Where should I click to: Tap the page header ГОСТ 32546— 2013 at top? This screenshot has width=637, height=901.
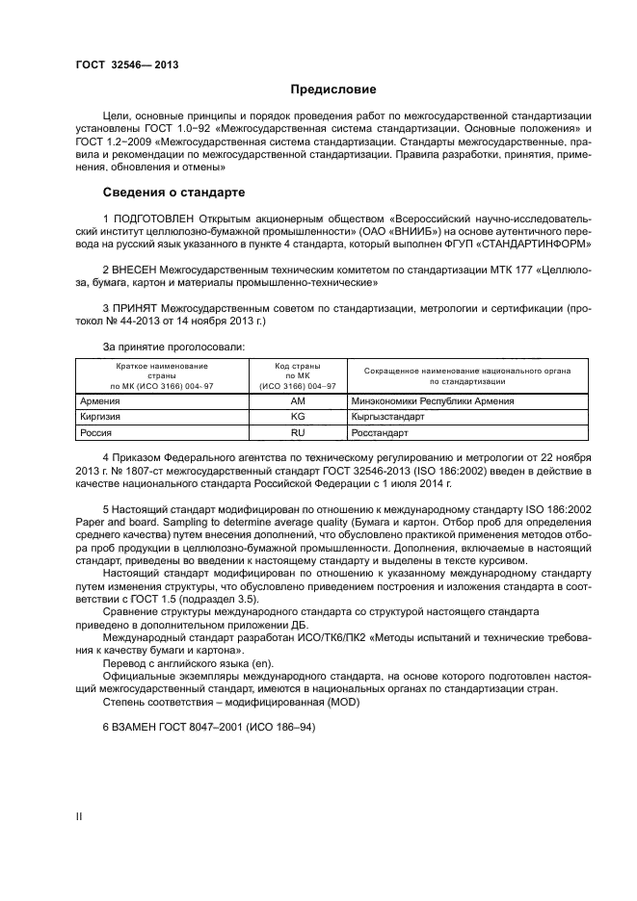point(126,65)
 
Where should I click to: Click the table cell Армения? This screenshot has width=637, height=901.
point(100,400)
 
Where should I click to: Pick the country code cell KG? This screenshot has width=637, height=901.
point(297,418)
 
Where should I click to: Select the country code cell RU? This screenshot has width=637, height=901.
point(297,434)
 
